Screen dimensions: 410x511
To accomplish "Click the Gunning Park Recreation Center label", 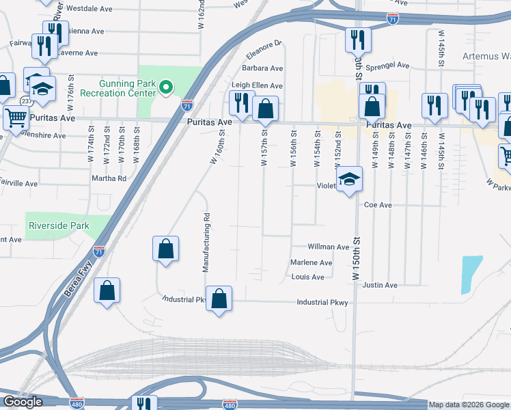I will tap(119, 87).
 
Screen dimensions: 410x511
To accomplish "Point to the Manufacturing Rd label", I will tap(206, 242).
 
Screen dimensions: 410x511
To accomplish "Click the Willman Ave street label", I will tap(329, 247).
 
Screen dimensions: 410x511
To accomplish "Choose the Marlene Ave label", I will tap(312, 262).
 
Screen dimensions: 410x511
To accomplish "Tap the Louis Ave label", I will tap(307, 277).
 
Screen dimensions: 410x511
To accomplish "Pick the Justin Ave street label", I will tap(381, 285).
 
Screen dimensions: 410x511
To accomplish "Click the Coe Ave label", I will tap(378, 204).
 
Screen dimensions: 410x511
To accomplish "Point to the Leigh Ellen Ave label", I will tap(257, 85).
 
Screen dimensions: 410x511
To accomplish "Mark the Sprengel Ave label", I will tap(387, 66).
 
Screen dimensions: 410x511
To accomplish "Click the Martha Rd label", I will tap(109, 178).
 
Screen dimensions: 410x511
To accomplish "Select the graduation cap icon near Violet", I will tap(349, 180).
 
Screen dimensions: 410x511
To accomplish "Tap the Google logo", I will tap(23, 402).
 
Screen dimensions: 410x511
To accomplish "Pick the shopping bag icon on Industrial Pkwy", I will tap(219, 299).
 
